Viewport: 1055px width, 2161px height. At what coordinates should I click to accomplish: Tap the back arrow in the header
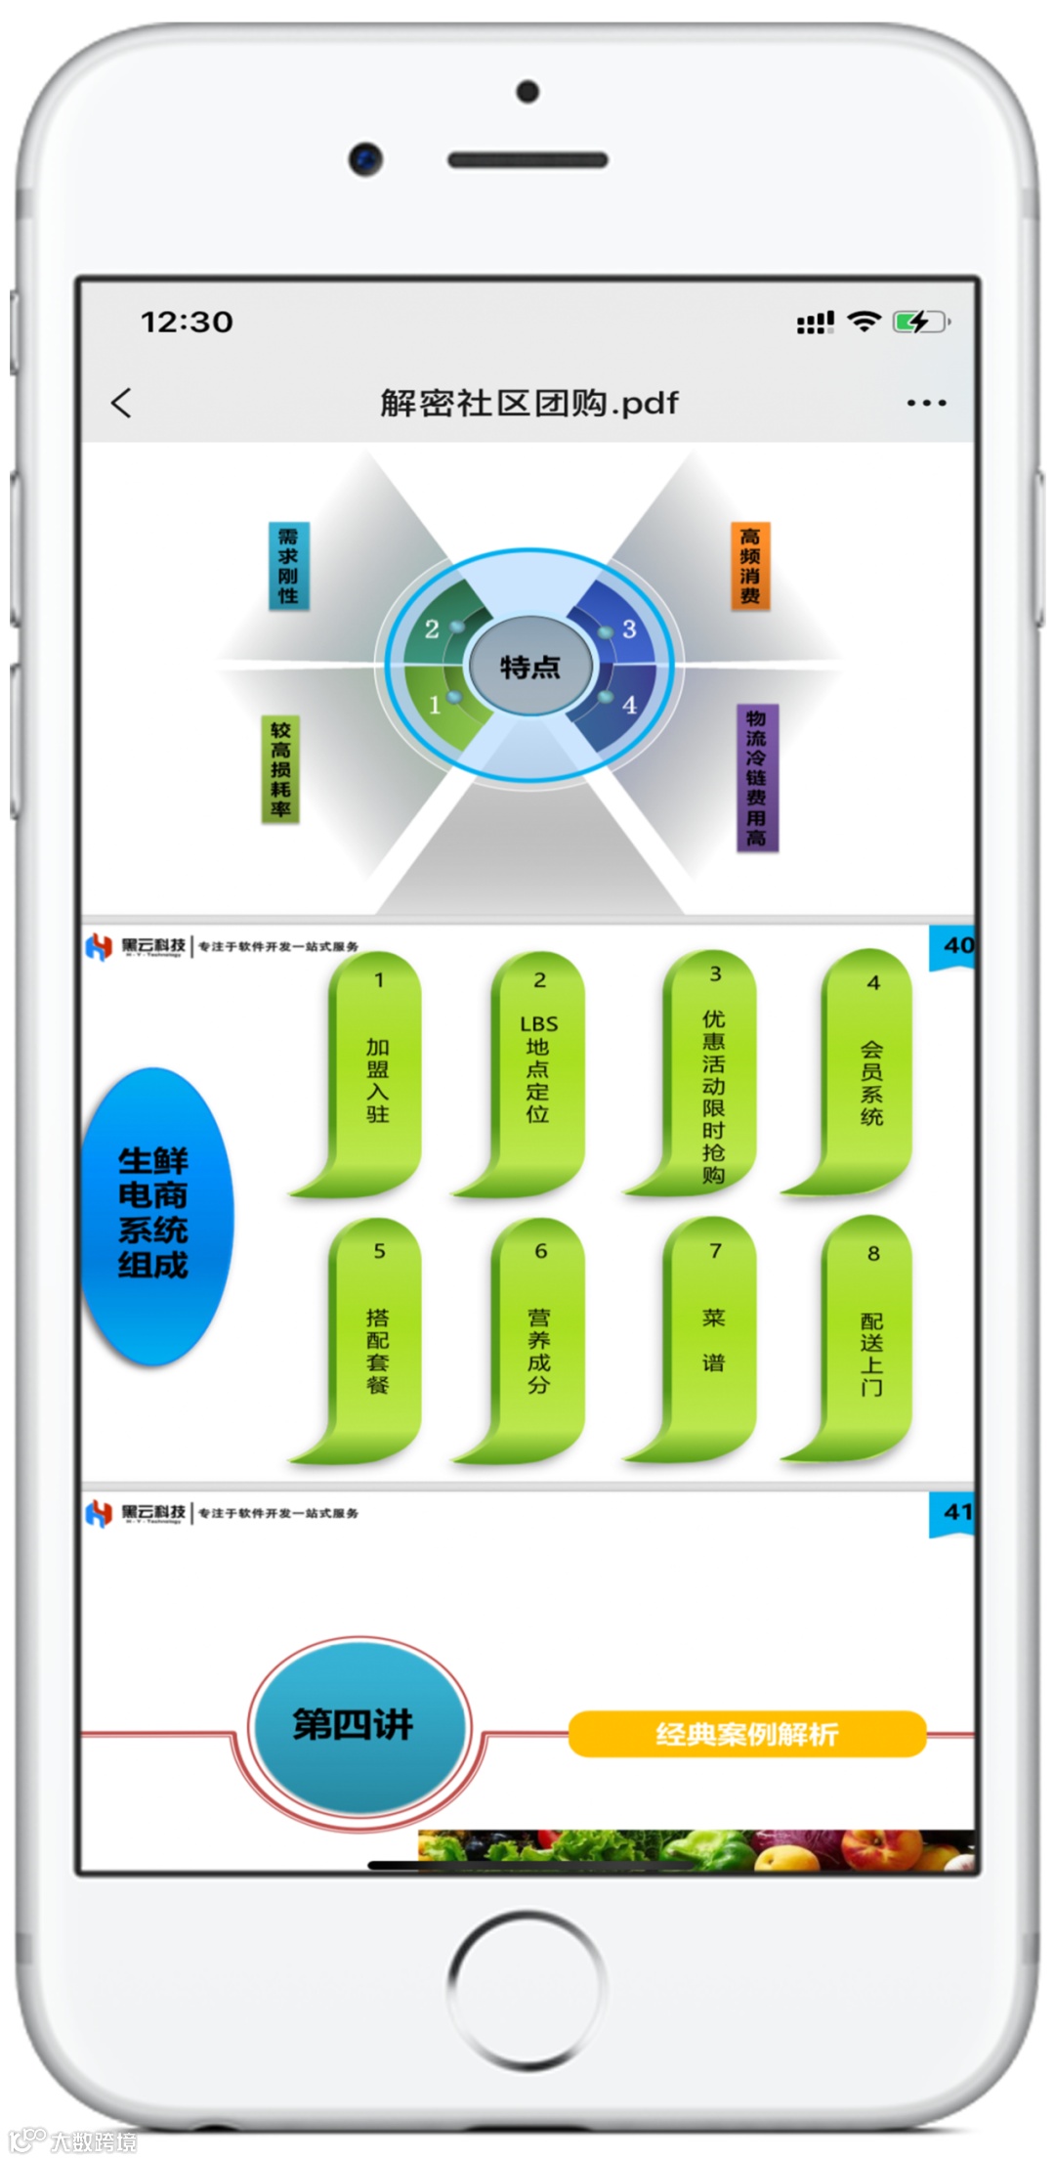coord(121,403)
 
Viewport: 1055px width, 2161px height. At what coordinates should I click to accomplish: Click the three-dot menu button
coord(926,403)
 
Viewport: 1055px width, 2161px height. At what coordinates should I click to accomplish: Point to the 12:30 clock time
coord(187,322)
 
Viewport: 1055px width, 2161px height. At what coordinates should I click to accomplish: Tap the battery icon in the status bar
coord(919,322)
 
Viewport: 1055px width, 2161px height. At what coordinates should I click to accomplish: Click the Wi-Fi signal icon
coord(864,321)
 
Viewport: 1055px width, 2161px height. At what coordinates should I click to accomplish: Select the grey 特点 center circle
coord(530,667)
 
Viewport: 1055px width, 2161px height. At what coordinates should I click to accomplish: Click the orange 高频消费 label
coord(750,566)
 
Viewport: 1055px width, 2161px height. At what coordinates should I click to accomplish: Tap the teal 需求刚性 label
coord(288,566)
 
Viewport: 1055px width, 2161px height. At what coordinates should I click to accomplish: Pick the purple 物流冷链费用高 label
coord(756,778)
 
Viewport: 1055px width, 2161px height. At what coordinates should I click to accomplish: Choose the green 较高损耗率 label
coord(280,769)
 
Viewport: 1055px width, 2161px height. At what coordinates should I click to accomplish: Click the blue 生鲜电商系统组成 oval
coord(154,1214)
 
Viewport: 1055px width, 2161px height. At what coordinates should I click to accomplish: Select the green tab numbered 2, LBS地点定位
coord(538,1070)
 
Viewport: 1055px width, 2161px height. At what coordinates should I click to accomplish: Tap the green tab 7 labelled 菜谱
coord(713,1339)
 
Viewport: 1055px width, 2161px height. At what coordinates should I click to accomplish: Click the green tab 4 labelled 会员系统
coord(870,1070)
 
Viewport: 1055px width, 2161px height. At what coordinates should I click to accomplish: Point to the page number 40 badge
coord(954,946)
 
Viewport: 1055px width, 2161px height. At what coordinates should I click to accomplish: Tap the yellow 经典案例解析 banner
coord(746,1734)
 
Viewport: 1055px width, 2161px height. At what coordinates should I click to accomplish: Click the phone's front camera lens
coord(365,158)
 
